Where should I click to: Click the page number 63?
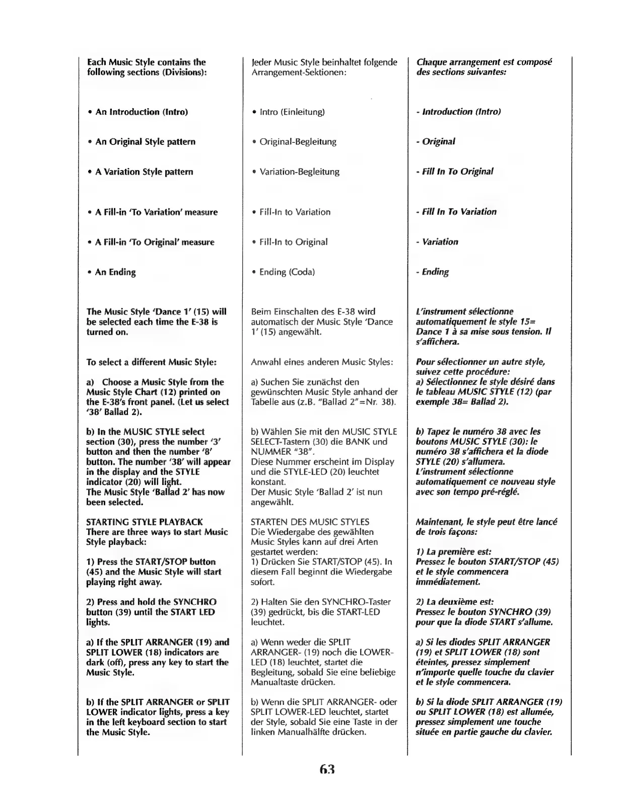(326, 769)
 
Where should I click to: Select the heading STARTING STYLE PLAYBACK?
(144, 522)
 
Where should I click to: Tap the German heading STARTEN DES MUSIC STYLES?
(310, 522)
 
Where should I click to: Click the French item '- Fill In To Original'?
(454, 172)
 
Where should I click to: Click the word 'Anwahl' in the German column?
(266, 362)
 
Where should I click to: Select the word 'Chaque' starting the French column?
(431, 62)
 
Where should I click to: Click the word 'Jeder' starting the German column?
(261, 62)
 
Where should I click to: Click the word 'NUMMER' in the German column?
(271, 452)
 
